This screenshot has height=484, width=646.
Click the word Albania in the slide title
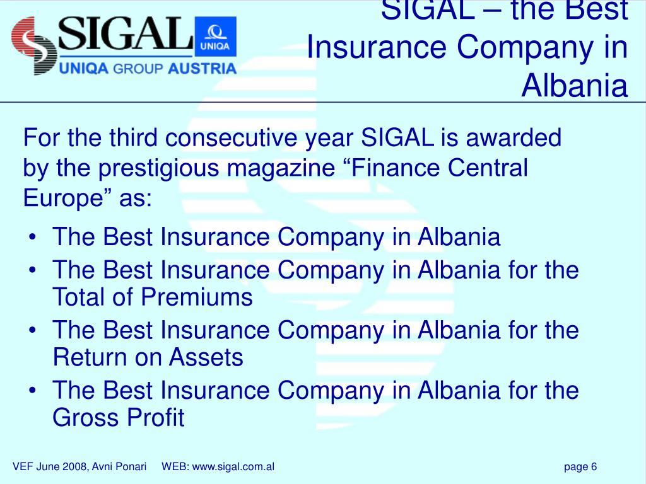tap(575, 86)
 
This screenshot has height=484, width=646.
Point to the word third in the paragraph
tap(135, 138)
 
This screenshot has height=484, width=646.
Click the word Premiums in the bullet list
tap(197, 297)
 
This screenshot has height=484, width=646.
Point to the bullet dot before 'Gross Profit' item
tap(32, 389)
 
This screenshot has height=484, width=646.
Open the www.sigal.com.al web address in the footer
tap(233, 466)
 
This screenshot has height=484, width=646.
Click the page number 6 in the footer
tap(594, 466)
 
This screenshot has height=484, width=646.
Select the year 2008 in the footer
tap(76, 466)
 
